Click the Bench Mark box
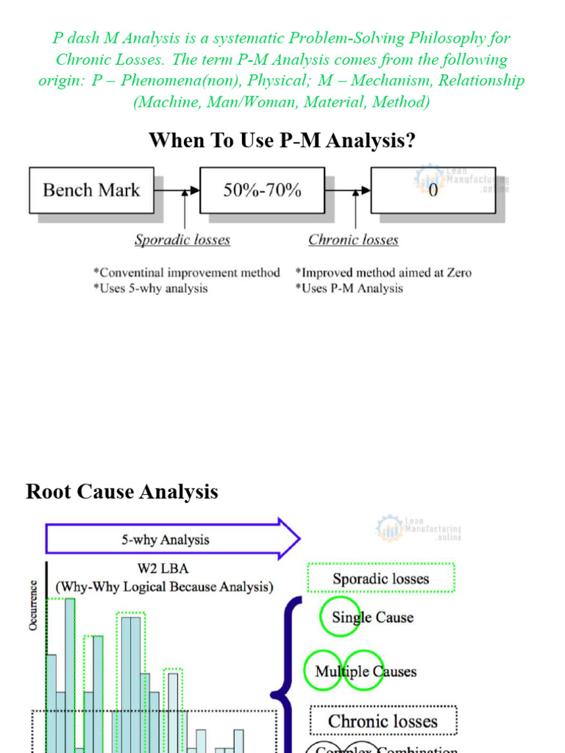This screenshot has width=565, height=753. [x=91, y=190]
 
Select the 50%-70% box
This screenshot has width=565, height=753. [x=262, y=190]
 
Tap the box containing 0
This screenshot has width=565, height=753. [x=433, y=190]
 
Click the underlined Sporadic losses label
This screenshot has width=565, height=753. [x=182, y=240]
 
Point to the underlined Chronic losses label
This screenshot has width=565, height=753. [x=353, y=240]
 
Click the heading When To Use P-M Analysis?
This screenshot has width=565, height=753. [x=282, y=140]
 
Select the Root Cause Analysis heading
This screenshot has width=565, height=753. [x=122, y=491]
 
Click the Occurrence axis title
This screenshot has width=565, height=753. [x=33, y=605]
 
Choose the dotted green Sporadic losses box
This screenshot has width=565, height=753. [x=380, y=579]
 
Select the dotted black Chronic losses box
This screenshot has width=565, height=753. [x=383, y=721]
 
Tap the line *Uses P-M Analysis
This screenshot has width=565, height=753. [x=349, y=288]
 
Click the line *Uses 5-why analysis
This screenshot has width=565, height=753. [x=150, y=288]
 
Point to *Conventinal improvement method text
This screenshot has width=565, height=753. [x=186, y=273]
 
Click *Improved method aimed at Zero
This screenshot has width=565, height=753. [x=383, y=273]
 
